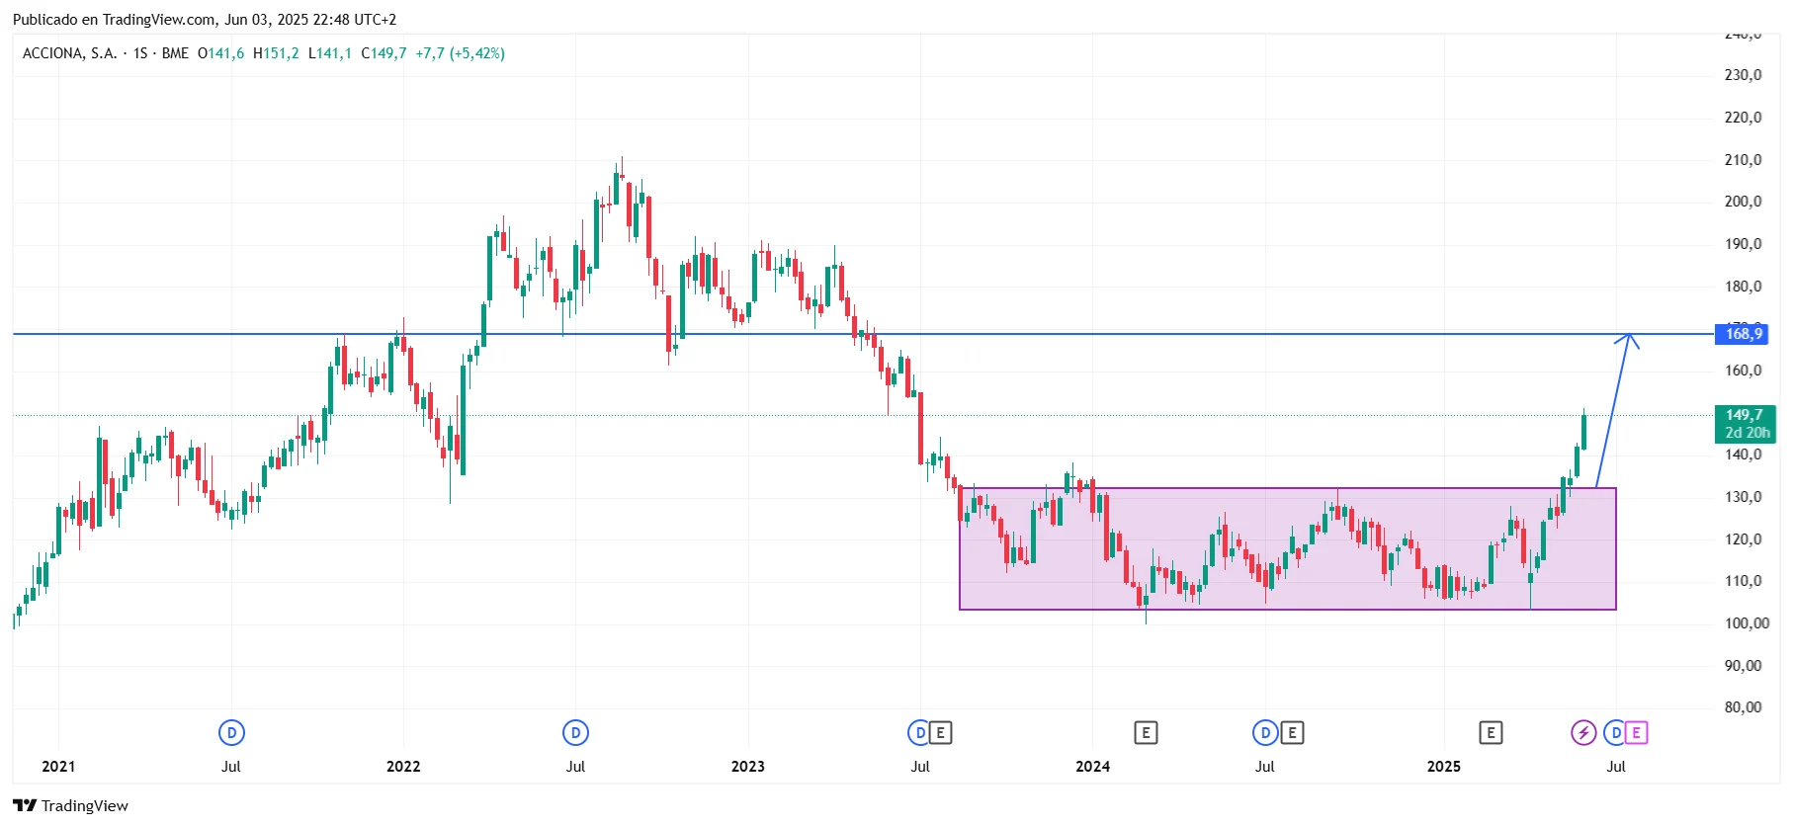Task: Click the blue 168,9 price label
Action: click(1743, 334)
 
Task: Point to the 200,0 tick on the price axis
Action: click(1743, 202)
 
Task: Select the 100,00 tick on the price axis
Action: click(1746, 623)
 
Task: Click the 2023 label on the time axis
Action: click(747, 767)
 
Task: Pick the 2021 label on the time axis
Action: click(58, 767)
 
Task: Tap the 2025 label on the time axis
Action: click(1443, 767)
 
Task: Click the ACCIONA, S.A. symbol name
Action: click(69, 53)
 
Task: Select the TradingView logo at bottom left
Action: click(70, 805)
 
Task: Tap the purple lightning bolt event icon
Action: click(1583, 733)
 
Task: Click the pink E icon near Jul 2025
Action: click(1636, 733)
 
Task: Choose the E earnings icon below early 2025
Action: click(1491, 733)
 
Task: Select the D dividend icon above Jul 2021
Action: click(231, 733)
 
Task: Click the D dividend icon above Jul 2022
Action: click(575, 733)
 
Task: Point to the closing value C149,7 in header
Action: click(384, 53)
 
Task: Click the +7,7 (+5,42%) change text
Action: click(460, 53)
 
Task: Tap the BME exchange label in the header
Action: click(175, 53)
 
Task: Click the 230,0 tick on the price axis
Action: click(1743, 75)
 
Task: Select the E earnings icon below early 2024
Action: click(1146, 733)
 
